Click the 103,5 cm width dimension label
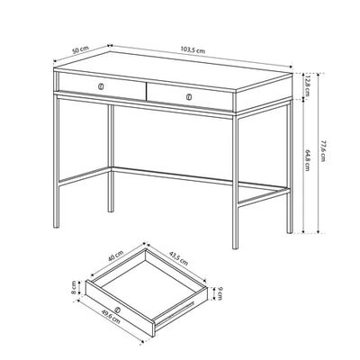193,49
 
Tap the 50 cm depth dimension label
80,49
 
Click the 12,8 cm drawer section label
307,85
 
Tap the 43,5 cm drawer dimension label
178,258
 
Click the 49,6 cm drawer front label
111,317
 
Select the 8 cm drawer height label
74,288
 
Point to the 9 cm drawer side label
220,293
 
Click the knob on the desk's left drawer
101,86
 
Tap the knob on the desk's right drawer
189,97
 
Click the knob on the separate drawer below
118,310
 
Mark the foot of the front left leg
56,226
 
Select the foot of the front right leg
236,247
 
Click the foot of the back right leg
290,231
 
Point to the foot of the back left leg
111,210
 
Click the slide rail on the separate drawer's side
175,314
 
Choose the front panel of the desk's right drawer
190,96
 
